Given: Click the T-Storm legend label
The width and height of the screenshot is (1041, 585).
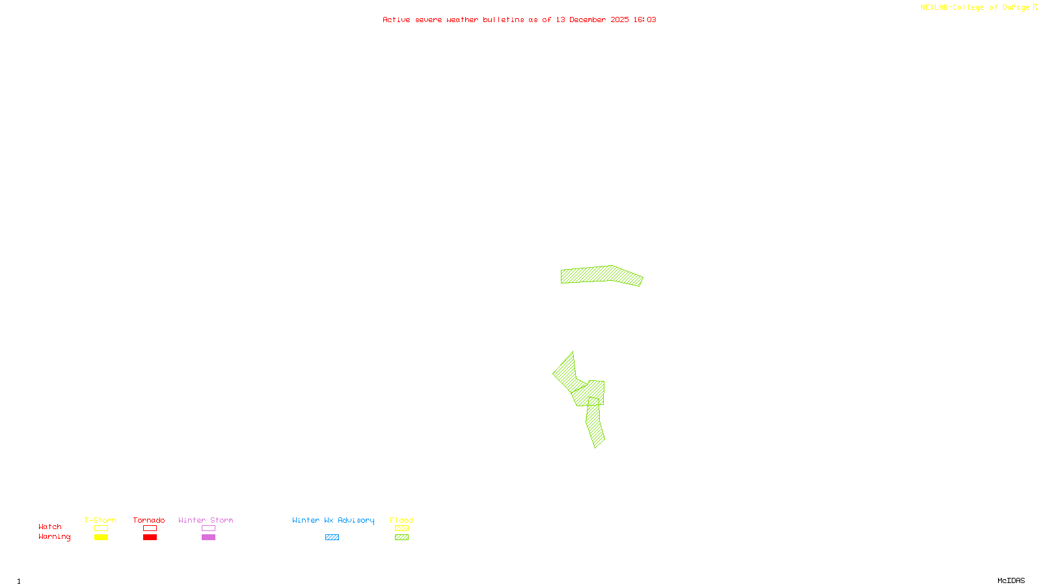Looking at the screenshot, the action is (100, 520).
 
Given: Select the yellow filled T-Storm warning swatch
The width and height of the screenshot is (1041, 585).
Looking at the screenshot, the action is (101, 538).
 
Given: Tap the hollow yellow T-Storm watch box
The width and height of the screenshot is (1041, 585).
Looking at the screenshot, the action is (101, 528).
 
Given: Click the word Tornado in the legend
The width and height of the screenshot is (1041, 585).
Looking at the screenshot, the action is (149, 520).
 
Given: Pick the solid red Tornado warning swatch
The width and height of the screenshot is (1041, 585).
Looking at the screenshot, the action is (150, 538).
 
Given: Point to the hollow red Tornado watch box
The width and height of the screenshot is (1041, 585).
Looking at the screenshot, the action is (150, 528).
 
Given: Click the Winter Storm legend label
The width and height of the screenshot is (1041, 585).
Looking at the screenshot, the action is (206, 520).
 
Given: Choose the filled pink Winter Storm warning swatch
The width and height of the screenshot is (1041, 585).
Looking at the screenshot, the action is (208, 538).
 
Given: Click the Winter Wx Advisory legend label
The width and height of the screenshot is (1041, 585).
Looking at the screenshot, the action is (333, 520).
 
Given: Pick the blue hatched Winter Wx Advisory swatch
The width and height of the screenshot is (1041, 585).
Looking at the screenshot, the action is (332, 538).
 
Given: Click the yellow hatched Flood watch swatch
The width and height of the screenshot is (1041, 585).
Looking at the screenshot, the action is (401, 528).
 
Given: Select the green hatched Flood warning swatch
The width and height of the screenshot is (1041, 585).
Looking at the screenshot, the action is (401, 538).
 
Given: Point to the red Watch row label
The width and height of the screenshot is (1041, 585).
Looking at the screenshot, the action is (50, 526).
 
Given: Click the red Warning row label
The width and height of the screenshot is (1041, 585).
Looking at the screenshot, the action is (54, 537).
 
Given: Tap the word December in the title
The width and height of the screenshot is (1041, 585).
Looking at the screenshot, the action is (588, 19).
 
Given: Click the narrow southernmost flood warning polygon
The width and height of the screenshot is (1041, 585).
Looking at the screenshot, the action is (595, 426).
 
